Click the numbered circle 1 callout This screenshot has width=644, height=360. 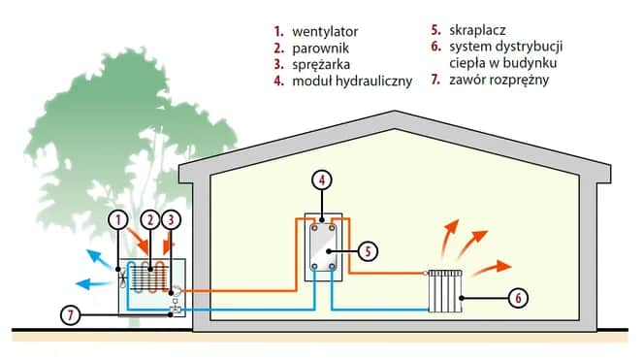[x=117, y=220]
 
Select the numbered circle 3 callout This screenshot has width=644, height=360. [x=172, y=220]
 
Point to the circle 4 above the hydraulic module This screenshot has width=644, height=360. [x=321, y=180]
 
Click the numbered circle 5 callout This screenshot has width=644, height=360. [x=366, y=250]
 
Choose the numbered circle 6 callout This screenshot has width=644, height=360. [x=519, y=297]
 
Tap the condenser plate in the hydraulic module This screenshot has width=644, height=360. [x=321, y=250]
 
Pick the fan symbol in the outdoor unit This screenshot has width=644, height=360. [x=122, y=278]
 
